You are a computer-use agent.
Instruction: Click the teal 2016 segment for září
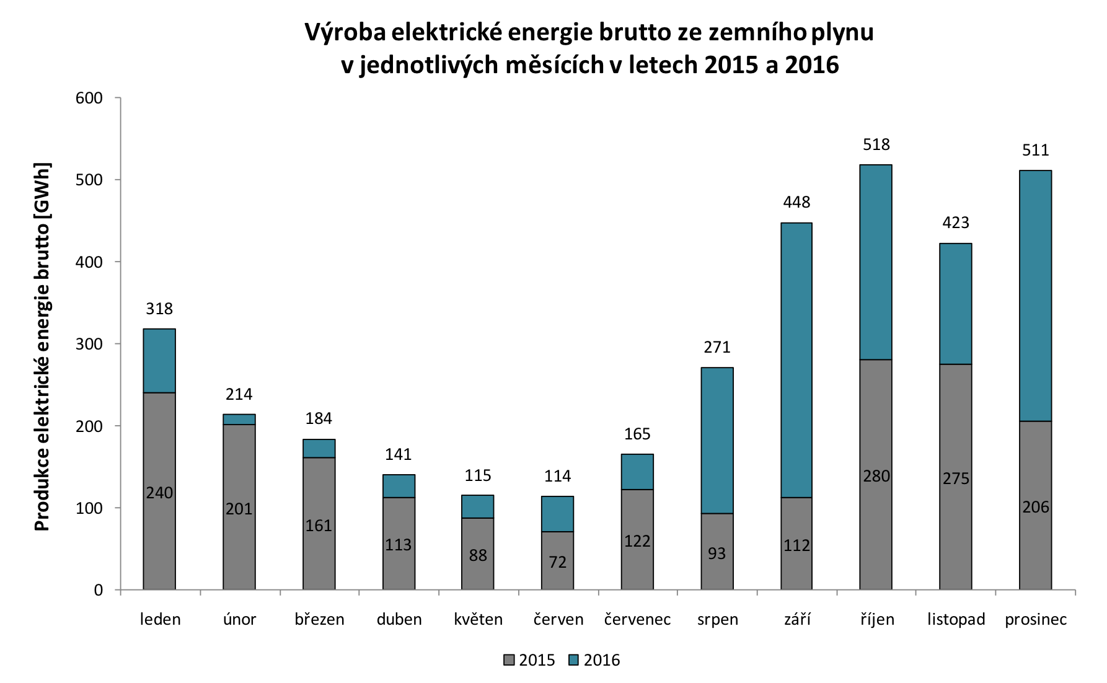(x=796, y=360)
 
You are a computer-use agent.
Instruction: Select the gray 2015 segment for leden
(x=159, y=491)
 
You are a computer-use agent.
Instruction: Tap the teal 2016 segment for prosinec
(x=1036, y=296)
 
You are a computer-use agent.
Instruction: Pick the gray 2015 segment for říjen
(x=876, y=475)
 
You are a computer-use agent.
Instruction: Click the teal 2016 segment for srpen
(x=717, y=441)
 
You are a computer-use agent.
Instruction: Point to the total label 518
(x=876, y=144)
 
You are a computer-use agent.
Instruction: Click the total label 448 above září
(x=796, y=202)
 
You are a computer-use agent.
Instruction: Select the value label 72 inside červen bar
(x=558, y=562)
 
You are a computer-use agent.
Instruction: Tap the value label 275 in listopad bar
(x=956, y=478)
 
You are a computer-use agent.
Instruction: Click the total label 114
(x=558, y=476)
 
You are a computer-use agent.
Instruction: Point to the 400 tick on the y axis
(x=89, y=262)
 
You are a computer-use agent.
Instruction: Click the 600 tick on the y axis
(x=89, y=98)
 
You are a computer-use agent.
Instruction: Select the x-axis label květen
(x=478, y=619)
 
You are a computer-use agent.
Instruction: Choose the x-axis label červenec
(x=637, y=619)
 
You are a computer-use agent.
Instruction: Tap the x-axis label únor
(x=239, y=619)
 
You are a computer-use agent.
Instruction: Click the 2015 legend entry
(x=529, y=660)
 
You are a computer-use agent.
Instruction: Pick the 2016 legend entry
(x=594, y=660)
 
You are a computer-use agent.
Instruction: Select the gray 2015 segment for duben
(x=399, y=544)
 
